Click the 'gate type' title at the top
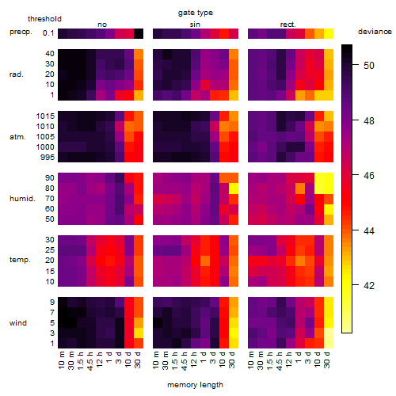point(196,13)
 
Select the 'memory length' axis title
point(195,385)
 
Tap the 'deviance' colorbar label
point(375,32)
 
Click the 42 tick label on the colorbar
point(368,285)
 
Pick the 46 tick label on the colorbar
point(368,175)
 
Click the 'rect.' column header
point(287,25)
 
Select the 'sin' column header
point(195,25)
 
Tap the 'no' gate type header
point(102,25)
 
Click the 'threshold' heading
point(44,19)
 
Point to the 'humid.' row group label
point(22,199)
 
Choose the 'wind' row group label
point(18,323)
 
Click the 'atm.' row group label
point(17,137)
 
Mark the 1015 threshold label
point(45,116)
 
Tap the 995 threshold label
point(48,158)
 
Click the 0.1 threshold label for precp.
point(48,33)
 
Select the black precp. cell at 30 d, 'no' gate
point(139,33)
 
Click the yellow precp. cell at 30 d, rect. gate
point(329,33)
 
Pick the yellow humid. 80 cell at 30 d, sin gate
point(234,188)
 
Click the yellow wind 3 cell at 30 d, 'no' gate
point(139,333)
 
